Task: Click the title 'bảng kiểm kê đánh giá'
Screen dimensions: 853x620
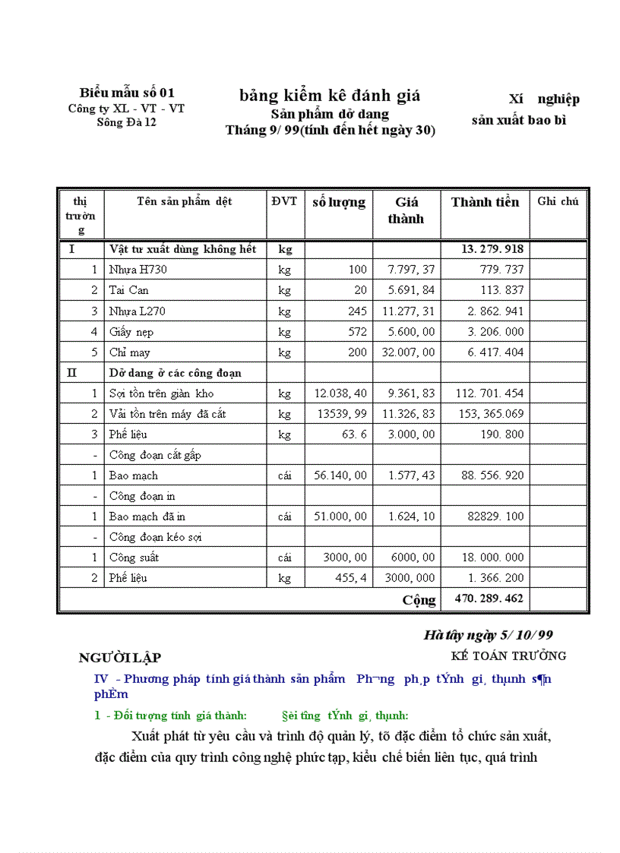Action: click(330, 96)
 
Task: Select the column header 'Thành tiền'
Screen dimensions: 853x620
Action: click(485, 202)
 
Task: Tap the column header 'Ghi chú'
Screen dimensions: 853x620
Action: click(558, 201)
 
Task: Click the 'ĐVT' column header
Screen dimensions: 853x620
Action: click(285, 201)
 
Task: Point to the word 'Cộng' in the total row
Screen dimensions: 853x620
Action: click(419, 600)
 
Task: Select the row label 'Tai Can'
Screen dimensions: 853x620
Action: click(128, 290)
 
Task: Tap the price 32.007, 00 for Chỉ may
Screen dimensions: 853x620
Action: click(409, 352)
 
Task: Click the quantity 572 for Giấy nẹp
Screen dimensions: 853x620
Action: click(355, 332)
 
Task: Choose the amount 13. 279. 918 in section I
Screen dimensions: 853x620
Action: click(492, 249)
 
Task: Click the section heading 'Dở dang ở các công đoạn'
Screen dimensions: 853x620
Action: click(176, 373)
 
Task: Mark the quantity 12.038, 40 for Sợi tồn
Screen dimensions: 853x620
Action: click(340, 393)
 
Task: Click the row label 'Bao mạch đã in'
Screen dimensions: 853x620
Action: click(147, 517)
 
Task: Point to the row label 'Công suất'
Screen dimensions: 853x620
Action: click(134, 558)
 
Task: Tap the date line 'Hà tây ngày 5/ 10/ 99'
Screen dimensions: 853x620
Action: click(493, 635)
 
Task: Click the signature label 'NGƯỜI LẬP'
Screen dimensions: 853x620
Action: click(119, 658)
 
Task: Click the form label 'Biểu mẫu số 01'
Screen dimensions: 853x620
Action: click(127, 93)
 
